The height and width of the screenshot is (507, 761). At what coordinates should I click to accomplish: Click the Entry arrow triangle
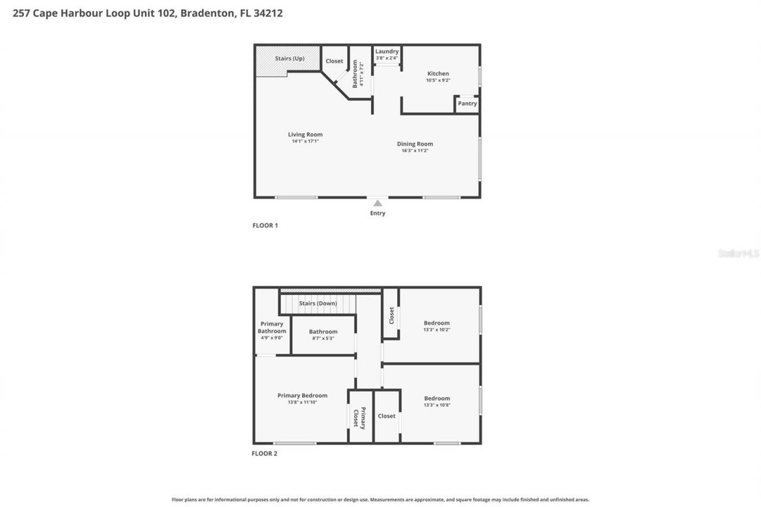click(x=378, y=203)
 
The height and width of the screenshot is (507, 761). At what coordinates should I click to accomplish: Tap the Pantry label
click(x=467, y=103)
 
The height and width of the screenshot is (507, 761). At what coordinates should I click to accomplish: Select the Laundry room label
click(x=387, y=52)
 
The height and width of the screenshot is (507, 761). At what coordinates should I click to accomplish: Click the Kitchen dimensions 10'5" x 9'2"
click(x=438, y=80)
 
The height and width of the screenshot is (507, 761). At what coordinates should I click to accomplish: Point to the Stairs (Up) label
click(x=290, y=59)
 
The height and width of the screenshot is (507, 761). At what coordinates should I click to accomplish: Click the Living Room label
click(x=305, y=134)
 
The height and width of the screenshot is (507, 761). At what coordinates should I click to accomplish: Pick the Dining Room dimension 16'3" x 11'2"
click(x=415, y=151)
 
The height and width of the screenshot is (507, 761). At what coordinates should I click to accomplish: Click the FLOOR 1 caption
click(x=265, y=226)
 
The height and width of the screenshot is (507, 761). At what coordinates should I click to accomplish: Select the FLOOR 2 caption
click(x=265, y=454)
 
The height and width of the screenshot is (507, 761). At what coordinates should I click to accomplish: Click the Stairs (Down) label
click(x=318, y=304)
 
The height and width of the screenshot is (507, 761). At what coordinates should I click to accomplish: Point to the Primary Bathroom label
click(x=272, y=327)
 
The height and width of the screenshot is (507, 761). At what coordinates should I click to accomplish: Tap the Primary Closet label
click(x=360, y=417)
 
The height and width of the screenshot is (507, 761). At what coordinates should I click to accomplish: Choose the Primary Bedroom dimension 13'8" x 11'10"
click(x=303, y=402)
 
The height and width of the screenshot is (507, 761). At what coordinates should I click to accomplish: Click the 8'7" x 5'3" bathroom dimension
click(x=323, y=338)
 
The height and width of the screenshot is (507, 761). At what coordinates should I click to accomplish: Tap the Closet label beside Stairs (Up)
click(x=334, y=61)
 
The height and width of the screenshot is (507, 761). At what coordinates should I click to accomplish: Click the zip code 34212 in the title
click(x=268, y=13)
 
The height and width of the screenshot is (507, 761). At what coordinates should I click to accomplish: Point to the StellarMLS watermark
click(x=739, y=254)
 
